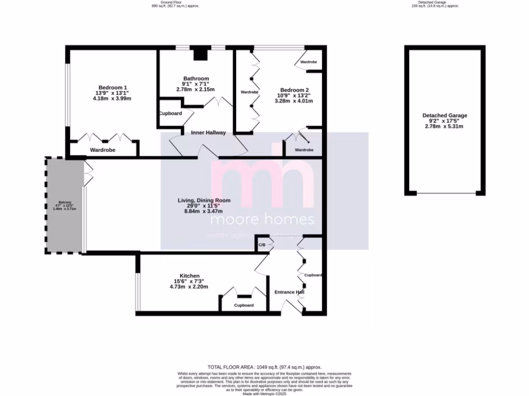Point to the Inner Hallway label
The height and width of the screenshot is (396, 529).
coord(208,133)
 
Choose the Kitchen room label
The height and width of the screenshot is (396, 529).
coord(189,276)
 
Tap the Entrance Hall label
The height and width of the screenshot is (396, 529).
coord(289,292)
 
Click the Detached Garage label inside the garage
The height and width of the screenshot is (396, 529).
coord(444,115)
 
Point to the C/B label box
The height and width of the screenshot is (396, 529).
coord(262,244)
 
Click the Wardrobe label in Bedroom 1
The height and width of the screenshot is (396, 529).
coord(102,150)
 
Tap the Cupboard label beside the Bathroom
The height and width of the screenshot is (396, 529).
coord(169,113)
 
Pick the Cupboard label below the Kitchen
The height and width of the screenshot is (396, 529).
coord(244,305)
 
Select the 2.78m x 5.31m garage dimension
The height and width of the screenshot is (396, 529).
coord(444,126)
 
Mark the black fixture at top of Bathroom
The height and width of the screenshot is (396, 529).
coord(199,54)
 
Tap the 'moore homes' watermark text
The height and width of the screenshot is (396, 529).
coord(262,220)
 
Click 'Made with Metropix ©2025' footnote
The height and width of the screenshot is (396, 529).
coord(264,393)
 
